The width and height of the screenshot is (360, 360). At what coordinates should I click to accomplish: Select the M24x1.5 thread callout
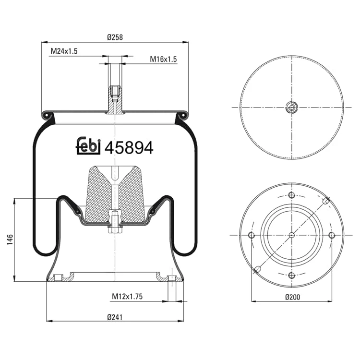point(64,51)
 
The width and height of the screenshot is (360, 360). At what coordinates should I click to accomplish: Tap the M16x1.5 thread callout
point(163,59)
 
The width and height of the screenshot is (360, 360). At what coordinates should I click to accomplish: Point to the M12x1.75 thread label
point(127,297)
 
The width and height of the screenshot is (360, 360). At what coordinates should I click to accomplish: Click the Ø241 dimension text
point(115,317)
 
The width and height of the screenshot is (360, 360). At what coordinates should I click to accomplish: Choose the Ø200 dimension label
point(292,297)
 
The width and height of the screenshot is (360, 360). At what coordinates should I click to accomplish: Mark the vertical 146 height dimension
point(10,240)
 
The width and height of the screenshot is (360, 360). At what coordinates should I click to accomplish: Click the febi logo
point(88,146)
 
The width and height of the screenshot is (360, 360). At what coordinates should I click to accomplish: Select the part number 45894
point(129,148)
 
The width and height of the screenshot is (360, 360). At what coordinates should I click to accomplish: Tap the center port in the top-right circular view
point(291,107)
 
